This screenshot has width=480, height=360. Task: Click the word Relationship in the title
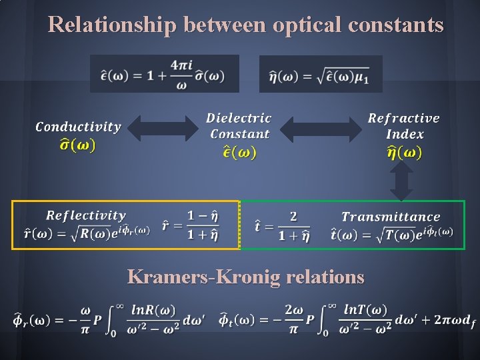(111, 25)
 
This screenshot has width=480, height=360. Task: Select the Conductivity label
(78, 127)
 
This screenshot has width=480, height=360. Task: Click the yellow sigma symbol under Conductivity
(77, 144)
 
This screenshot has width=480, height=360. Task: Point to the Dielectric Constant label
(239, 126)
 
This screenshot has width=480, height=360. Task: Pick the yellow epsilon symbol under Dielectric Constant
(239, 152)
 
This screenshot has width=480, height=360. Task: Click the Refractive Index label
(404, 126)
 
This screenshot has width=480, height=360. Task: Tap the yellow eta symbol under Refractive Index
(404, 153)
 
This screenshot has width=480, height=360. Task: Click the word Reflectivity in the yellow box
(85, 215)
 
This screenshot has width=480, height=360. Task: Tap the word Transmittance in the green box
(391, 217)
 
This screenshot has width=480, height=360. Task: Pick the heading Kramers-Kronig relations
(246, 276)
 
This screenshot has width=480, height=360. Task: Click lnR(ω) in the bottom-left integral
(153, 310)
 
